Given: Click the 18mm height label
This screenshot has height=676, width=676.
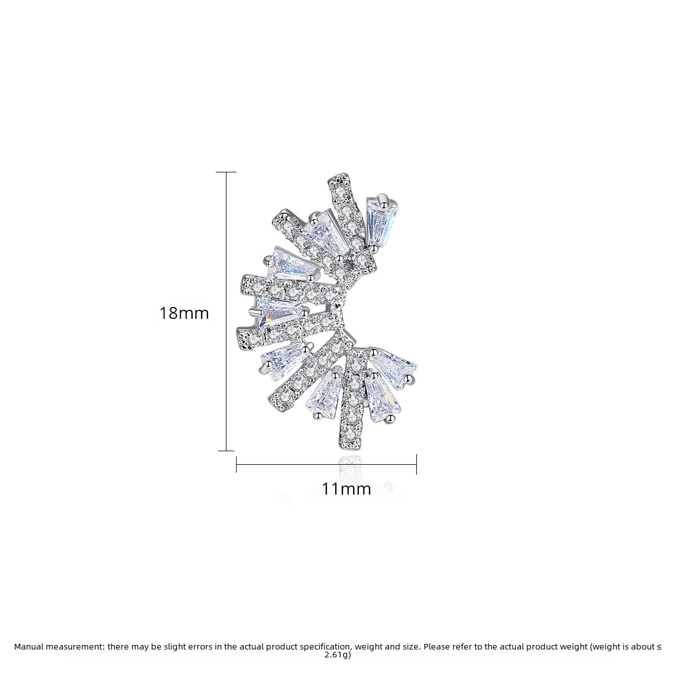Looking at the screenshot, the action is click(x=184, y=313).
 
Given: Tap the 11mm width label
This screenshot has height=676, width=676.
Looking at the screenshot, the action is click(x=346, y=488).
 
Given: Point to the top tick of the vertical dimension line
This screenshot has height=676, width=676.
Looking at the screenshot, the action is click(x=226, y=172).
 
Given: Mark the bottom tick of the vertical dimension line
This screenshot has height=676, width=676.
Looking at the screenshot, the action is click(x=226, y=451).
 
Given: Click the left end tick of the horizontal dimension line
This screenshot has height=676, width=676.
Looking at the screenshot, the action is click(x=237, y=465).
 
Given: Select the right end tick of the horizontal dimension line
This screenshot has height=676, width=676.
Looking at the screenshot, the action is click(x=416, y=464).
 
